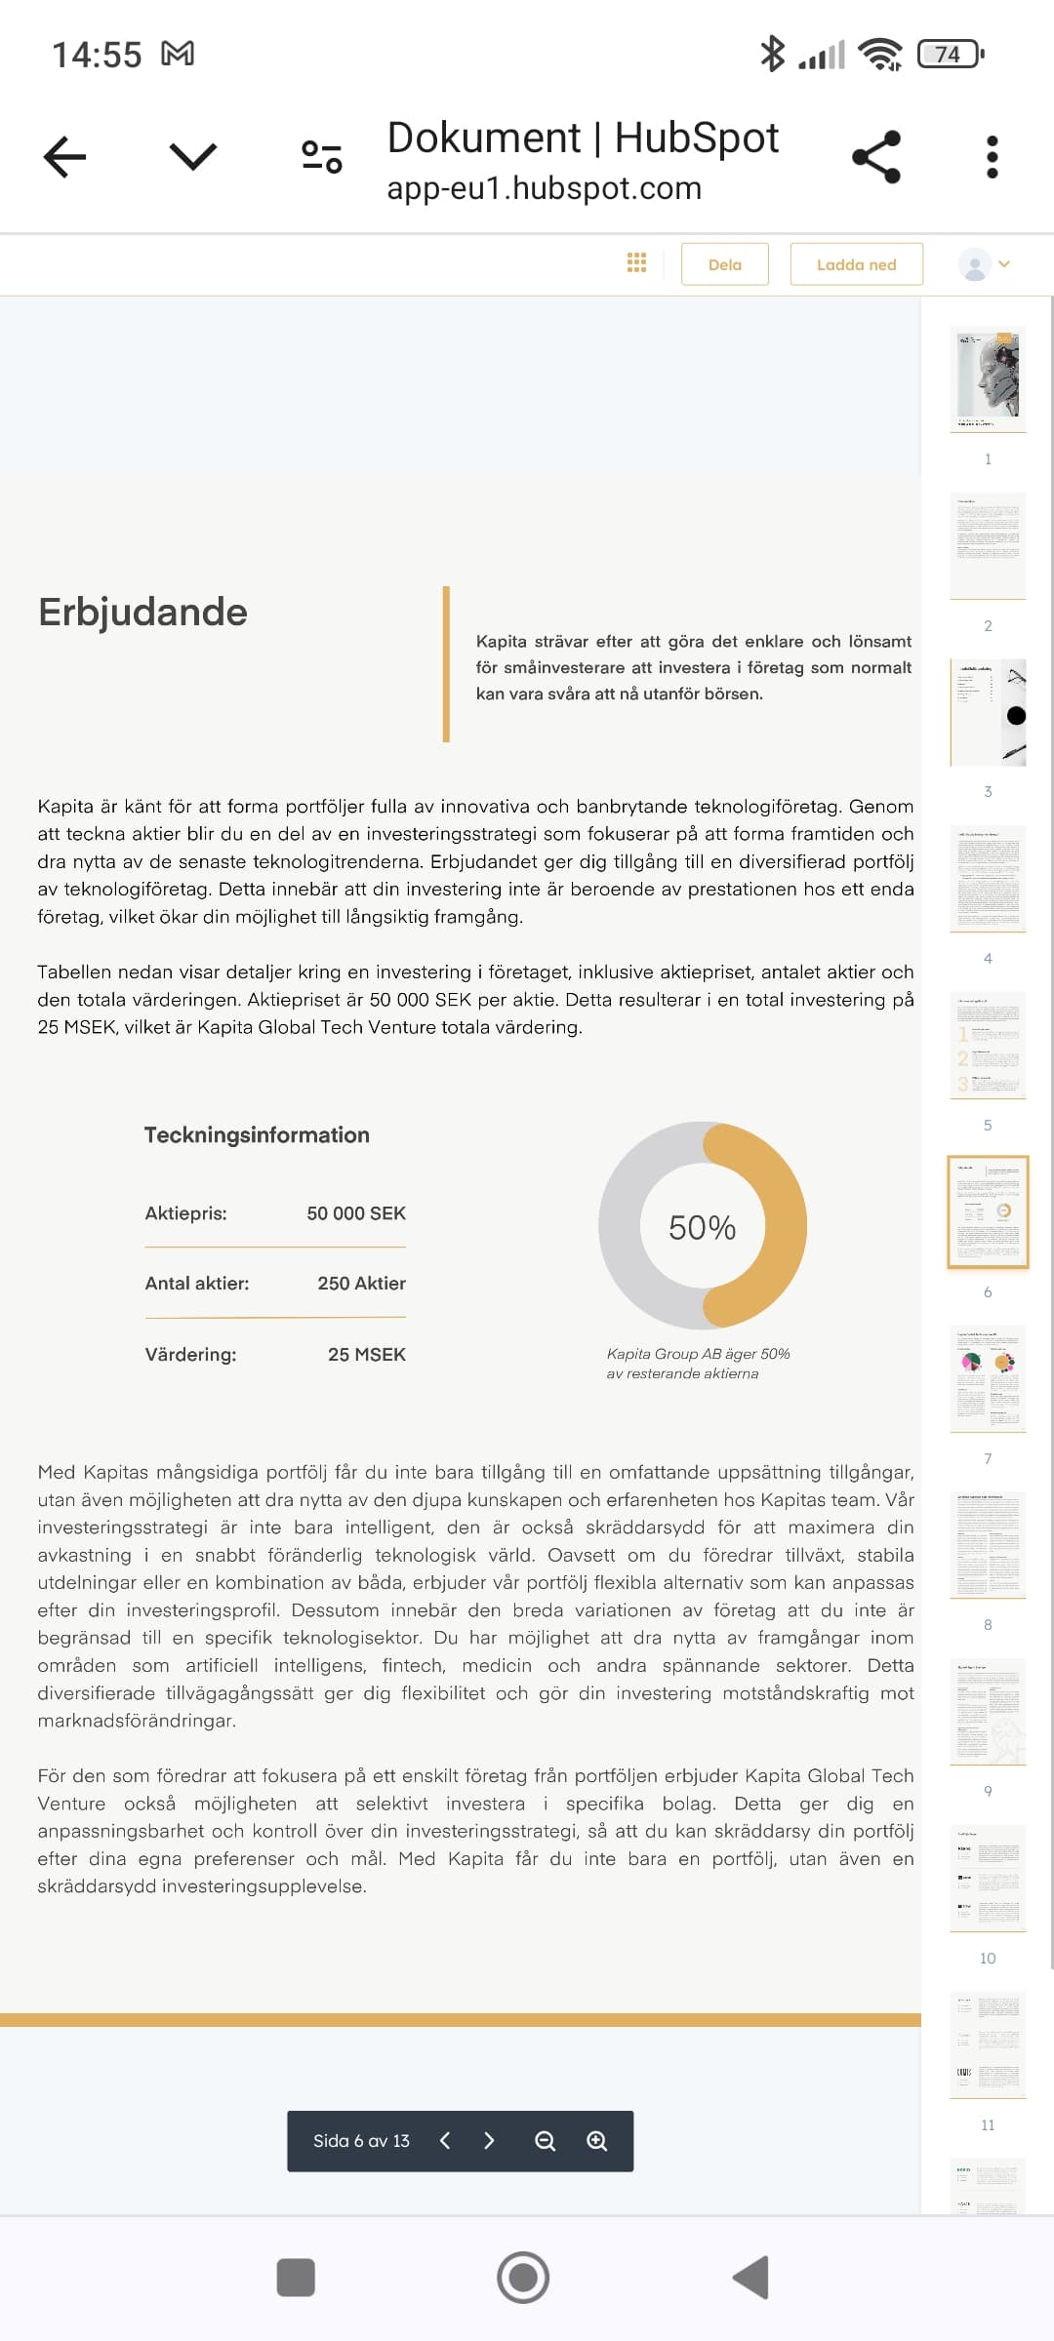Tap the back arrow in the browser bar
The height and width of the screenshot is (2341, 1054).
click(x=65, y=157)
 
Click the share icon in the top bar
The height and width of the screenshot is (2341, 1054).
click(x=876, y=157)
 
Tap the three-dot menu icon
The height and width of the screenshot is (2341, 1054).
click(x=992, y=157)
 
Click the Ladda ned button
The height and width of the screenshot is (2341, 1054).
click(x=856, y=264)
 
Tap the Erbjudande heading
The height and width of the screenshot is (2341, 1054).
click(x=142, y=613)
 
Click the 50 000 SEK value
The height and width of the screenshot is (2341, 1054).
click(x=356, y=1213)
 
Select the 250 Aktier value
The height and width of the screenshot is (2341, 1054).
click(x=361, y=1284)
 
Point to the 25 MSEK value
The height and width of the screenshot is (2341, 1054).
click(x=366, y=1355)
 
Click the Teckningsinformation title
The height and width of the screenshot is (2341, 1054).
click(x=257, y=1135)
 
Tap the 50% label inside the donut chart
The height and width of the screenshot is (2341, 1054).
click(x=702, y=1227)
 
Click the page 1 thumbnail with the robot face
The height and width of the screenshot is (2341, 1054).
click(x=988, y=378)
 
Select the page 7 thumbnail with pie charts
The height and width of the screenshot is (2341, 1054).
click(x=988, y=1377)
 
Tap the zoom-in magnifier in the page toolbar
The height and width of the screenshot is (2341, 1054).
click(x=596, y=2141)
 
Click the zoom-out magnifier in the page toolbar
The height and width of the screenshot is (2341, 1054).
click(x=545, y=2141)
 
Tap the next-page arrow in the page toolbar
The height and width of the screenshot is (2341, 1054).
click(x=489, y=2141)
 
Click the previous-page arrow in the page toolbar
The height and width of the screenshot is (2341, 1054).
click(x=445, y=2141)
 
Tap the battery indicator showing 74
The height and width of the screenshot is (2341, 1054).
click(x=950, y=55)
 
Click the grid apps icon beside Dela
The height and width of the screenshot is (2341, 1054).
click(x=636, y=263)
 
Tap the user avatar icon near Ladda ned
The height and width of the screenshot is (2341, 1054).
click(x=975, y=264)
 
